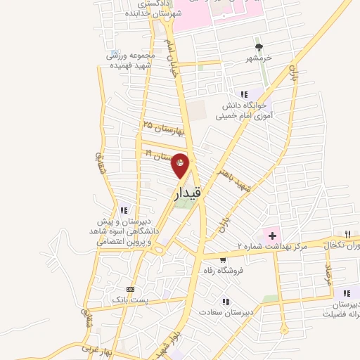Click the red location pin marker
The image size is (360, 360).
[181, 165]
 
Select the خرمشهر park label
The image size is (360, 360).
[259, 60]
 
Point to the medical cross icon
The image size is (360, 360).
[271, 233]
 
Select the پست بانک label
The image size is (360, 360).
[129, 300]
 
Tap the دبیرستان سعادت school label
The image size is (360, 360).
[223, 311]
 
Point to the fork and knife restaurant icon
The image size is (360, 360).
[347, 233]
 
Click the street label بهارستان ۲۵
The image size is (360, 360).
[162, 128]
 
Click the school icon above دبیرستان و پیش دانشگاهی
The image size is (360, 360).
[124, 210]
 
